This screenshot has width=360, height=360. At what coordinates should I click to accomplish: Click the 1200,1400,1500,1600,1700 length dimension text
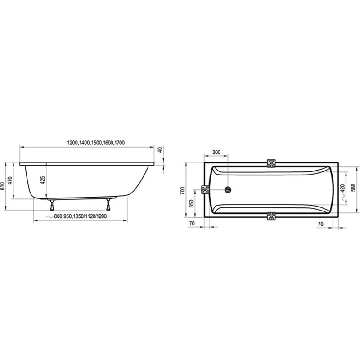tap(96, 143)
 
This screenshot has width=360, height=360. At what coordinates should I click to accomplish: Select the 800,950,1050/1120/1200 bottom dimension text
tap(81, 216)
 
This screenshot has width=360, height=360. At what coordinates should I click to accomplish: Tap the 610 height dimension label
tap(3, 186)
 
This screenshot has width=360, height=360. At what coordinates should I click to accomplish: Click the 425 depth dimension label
tap(43, 180)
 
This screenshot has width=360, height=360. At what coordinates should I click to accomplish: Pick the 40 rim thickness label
tap(161, 150)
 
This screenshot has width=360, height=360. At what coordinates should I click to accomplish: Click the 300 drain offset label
tap(216, 152)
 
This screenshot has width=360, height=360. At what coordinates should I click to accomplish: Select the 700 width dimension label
tap(183, 191)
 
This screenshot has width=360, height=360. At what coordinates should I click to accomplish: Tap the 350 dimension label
tap(192, 204)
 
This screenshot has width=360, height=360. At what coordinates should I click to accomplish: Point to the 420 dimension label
tap(342, 188)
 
